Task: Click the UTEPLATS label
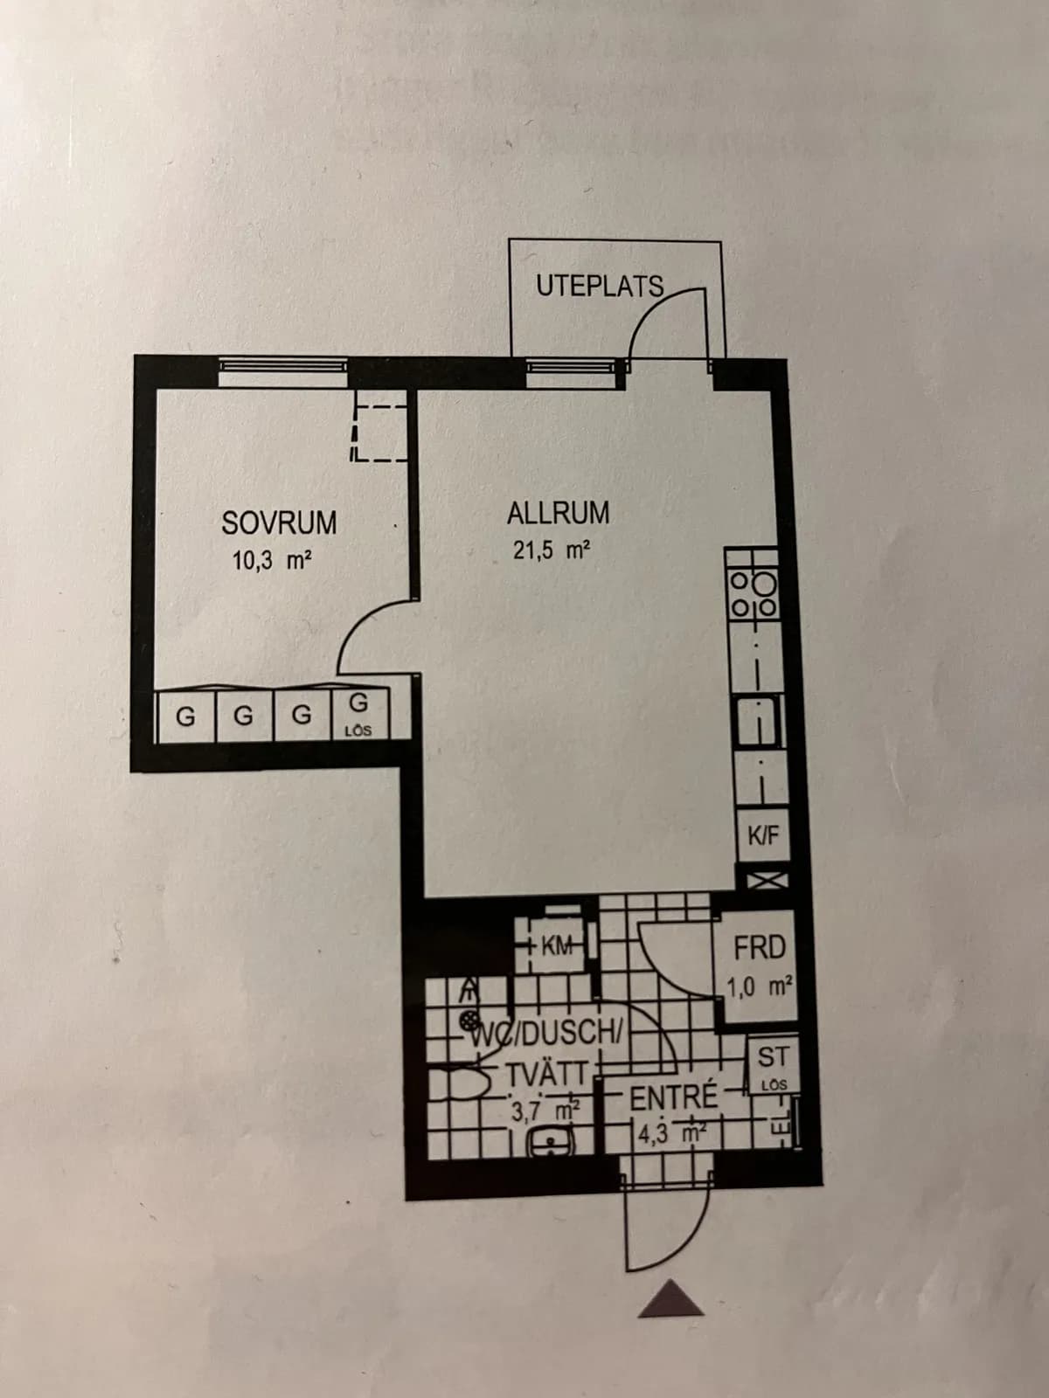pyautogui.click(x=600, y=286)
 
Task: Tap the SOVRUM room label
pyautogui.click(x=279, y=523)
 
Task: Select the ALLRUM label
pyautogui.click(x=558, y=513)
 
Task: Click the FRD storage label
pyautogui.click(x=760, y=947)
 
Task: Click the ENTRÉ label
pyautogui.click(x=673, y=1097)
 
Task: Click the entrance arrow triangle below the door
pyautogui.click(x=670, y=1298)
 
